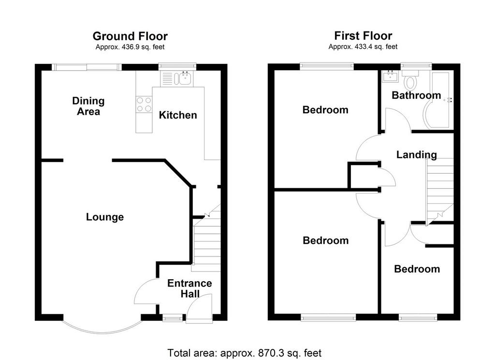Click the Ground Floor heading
[x=130, y=36]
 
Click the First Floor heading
[x=363, y=36]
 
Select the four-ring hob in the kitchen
[x=144, y=105]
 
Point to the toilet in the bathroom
[x=410, y=80]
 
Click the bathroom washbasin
[x=391, y=76]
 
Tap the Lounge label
[x=105, y=217]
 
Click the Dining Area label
[x=88, y=106]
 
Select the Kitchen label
[x=178, y=115]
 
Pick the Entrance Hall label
[x=189, y=288]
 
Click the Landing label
[x=416, y=154]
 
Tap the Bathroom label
[x=416, y=95]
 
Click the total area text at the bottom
[x=244, y=353]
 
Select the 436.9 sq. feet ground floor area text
[x=130, y=47]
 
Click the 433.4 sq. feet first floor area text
[x=363, y=47]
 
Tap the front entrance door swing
[x=199, y=309]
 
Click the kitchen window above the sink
[x=177, y=67]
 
